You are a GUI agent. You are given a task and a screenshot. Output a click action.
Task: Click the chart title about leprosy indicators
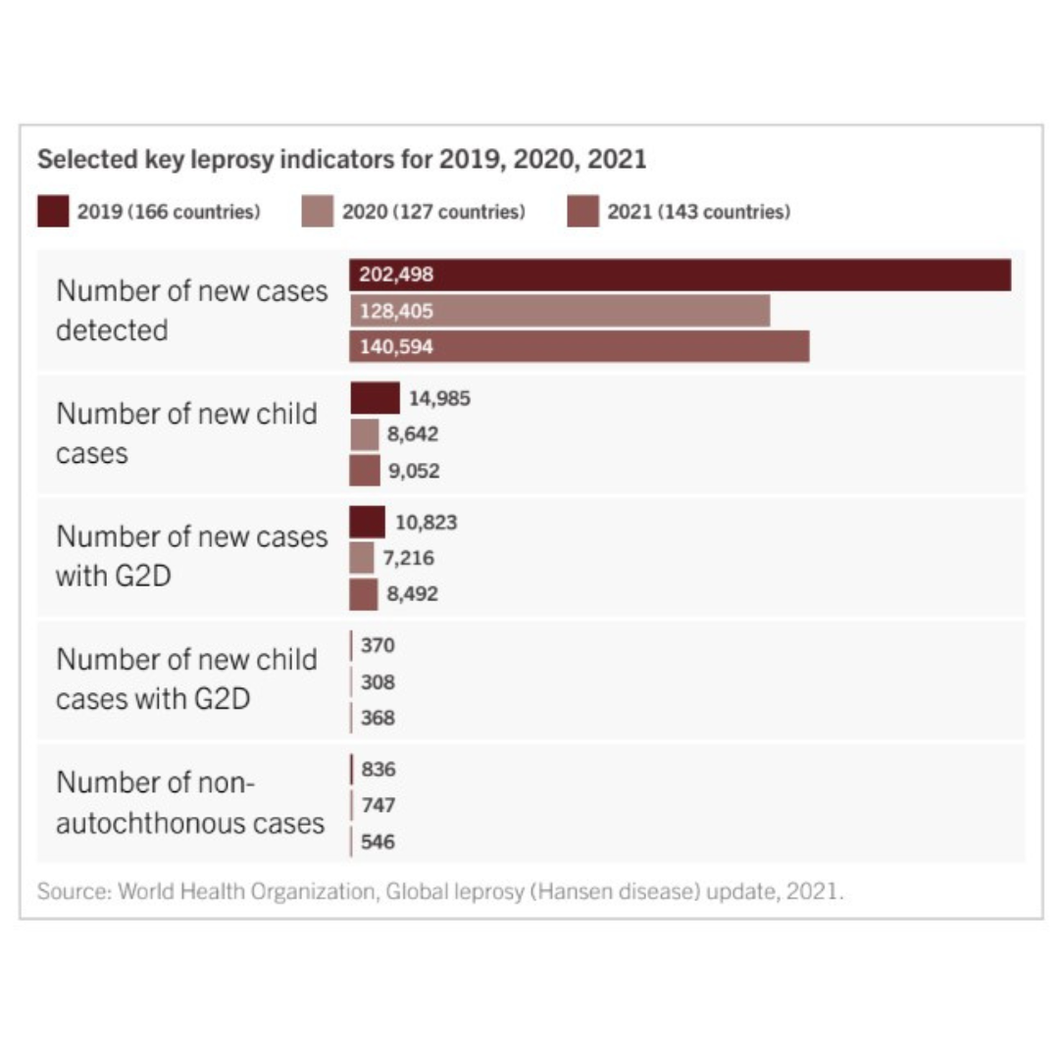pos(341,159)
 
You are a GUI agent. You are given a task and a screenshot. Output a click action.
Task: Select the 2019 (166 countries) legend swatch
pos(53,212)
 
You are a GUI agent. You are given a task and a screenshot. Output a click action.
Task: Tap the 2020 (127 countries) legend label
pos(433,212)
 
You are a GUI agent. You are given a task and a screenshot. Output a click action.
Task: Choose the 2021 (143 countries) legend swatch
pos(582,212)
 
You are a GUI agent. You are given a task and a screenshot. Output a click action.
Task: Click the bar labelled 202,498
pos(680,275)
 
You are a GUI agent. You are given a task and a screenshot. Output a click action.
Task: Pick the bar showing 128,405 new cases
pos(559,312)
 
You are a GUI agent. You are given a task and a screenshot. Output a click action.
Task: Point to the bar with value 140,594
pos(579,346)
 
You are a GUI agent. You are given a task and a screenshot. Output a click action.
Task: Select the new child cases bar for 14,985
pos(375,398)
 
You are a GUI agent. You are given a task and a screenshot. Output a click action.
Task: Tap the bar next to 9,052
pos(365,471)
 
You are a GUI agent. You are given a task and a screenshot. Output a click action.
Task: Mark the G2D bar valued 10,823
pos(368,522)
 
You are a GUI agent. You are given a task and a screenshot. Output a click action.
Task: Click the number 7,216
pos(408,558)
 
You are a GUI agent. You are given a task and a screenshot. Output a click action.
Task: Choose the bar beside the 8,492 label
pos(364,594)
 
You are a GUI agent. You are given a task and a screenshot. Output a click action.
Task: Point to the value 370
pos(378,645)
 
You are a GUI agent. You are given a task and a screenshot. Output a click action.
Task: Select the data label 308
pos(378,681)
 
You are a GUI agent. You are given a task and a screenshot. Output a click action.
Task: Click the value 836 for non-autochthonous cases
pos(378,770)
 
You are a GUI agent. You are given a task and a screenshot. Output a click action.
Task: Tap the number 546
pos(378,841)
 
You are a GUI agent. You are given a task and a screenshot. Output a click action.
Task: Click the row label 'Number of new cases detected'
pos(191,311)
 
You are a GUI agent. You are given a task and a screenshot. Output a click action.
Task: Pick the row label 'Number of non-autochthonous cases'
pos(190,803)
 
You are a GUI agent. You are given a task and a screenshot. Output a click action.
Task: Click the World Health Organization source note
pos(439,892)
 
